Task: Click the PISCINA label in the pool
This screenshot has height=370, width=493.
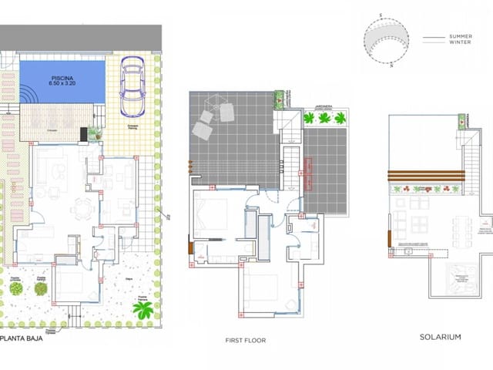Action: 63,78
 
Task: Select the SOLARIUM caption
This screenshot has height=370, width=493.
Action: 440,337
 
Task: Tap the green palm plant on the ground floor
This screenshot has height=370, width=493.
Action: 143,310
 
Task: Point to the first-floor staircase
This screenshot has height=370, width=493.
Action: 290,154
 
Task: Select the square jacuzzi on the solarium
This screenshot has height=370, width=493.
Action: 464,283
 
